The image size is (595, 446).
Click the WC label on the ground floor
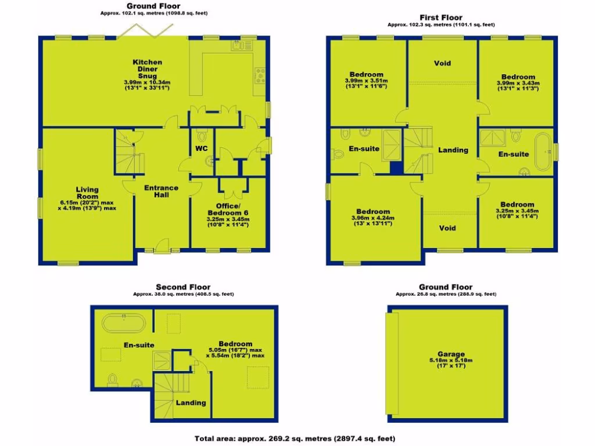click(201, 149)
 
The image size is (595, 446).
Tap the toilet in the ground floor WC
click(202, 136)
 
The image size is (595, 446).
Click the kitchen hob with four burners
click(260, 75)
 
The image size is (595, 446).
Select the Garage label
click(451, 354)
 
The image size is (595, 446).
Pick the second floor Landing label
click(191, 402)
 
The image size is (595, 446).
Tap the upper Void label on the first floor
click(442, 63)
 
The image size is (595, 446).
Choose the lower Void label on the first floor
click(447, 228)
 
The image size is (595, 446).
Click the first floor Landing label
click(453, 150)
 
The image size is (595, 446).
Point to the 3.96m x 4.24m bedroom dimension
click(372, 218)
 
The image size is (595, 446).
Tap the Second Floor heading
click(183, 287)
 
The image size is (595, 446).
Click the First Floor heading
click(441, 18)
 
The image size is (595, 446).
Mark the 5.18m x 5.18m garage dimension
click(451, 361)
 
